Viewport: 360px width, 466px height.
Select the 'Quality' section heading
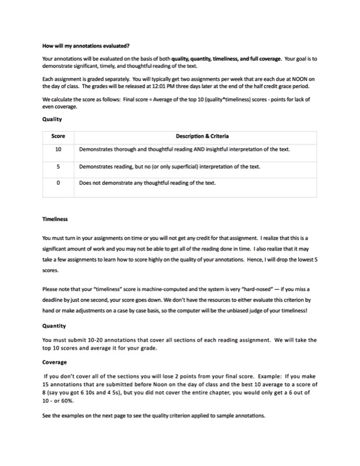tap(52, 119)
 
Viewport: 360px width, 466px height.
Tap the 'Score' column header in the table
tap(58, 136)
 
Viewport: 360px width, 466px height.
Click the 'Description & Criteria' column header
tap(202, 136)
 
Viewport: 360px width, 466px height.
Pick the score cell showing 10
tap(58, 150)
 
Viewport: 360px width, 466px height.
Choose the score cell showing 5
tap(58, 167)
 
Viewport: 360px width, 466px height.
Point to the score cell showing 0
tap(58, 183)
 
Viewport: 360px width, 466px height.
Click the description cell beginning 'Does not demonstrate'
tap(147, 183)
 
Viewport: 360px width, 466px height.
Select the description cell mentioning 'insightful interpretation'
tap(184, 150)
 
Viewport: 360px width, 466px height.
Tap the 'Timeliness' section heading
tap(55, 219)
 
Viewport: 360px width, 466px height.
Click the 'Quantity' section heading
tap(54, 326)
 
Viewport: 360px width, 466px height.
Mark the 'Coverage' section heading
tap(55, 362)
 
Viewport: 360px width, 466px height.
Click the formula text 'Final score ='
tap(140, 99)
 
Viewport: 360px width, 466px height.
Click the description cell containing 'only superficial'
tap(170, 167)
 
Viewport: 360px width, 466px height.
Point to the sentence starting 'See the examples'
tap(154, 416)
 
